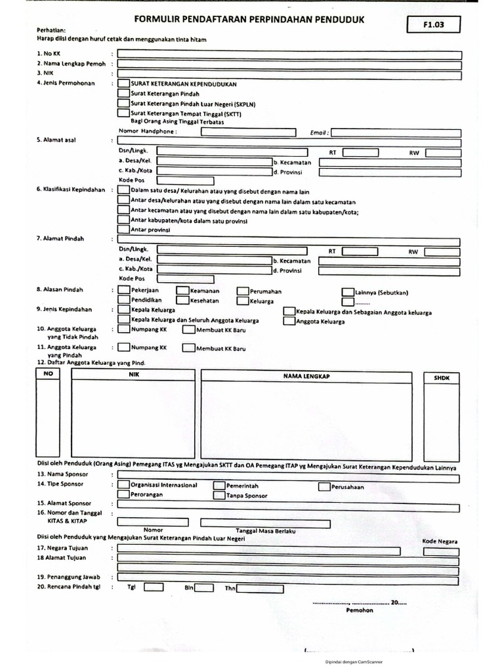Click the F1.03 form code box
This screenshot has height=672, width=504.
click(434, 26)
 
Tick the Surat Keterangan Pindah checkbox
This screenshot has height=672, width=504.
click(123, 94)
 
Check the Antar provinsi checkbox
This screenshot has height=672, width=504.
click(123, 230)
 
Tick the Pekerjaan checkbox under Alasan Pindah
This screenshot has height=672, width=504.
click(123, 290)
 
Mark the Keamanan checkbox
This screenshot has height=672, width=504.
click(182, 290)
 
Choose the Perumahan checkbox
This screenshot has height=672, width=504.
click(243, 290)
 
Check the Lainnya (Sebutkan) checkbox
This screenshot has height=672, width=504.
click(347, 291)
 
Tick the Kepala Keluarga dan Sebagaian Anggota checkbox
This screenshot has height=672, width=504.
click(289, 312)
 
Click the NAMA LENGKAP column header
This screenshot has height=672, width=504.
click(306, 376)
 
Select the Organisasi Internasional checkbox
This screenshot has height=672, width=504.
click(123, 485)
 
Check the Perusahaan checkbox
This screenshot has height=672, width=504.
click(324, 487)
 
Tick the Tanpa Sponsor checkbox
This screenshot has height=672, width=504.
click(219, 495)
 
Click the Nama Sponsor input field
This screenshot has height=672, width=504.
click(288, 474)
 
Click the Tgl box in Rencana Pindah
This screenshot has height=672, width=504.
click(154, 587)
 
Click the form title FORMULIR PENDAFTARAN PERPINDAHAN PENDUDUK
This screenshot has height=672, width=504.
click(249, 21)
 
